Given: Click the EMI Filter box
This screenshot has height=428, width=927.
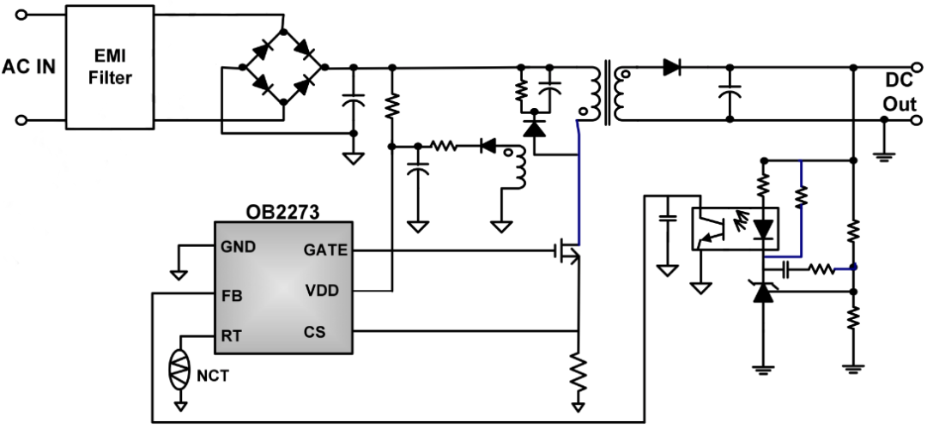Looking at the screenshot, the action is (x=110, y=68).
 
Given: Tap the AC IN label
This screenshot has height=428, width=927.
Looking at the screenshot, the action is (x=28, y=68).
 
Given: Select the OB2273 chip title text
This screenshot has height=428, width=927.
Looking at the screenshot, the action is (x=282, y=212).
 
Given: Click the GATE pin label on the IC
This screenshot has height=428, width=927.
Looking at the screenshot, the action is (x=325, y=250).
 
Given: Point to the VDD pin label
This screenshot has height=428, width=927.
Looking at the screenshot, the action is (x=322, y=291).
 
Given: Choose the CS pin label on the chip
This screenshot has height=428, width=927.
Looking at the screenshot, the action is (x=314, y=332).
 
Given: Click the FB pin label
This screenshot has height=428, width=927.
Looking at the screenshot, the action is (x=231, y=296).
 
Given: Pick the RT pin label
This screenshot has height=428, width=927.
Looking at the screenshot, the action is (x=231, y=335).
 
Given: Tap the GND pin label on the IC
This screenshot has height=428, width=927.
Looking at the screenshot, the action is (x=239, y=246).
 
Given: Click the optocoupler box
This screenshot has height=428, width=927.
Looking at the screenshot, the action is (x=735, y=228).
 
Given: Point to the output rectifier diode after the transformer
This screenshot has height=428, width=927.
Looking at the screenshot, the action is (x=671, y=68).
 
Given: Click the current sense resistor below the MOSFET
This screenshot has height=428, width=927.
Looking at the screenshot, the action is (x=579, y=372).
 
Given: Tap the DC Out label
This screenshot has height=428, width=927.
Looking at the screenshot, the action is (x=900, y=93).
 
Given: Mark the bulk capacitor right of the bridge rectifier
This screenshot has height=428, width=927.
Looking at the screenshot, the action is (x=354, y=99).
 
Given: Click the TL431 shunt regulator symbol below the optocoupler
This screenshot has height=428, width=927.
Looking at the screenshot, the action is (x=763, y=292).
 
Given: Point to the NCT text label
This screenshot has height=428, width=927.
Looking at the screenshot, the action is (x=212, y=376).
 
